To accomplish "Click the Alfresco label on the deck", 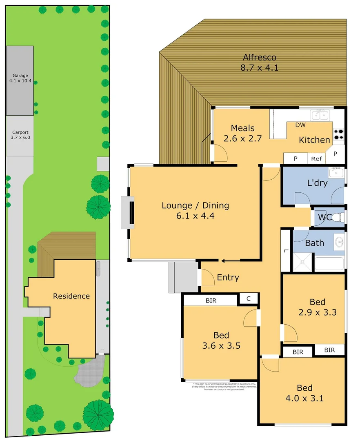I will pyautogui.click(x=260, y=58).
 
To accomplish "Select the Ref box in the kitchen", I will pyautogui.click(x=317, y=159).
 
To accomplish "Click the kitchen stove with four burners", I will pyautogui.click(x=339, y=134).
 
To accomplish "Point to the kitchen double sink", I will pyautogui.click(x=320, y=115).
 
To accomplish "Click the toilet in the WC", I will pyautogui.click(x=338, y=217).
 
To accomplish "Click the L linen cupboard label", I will pyautogui.click(x=286, y=251).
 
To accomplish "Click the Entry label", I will pyautogui.click(x=228, y=278).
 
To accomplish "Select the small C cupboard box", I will pyautogui.click(x=249, y=299).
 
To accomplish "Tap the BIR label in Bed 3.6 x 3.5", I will pyautogui.click(x=211, y=301).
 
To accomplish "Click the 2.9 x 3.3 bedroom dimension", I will pyautogui.click(x=318, y=313).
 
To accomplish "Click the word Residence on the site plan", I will pyautogui.click(x=71, y=296).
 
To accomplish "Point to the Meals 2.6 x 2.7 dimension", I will pyautogui.click(x=242, y=138).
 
